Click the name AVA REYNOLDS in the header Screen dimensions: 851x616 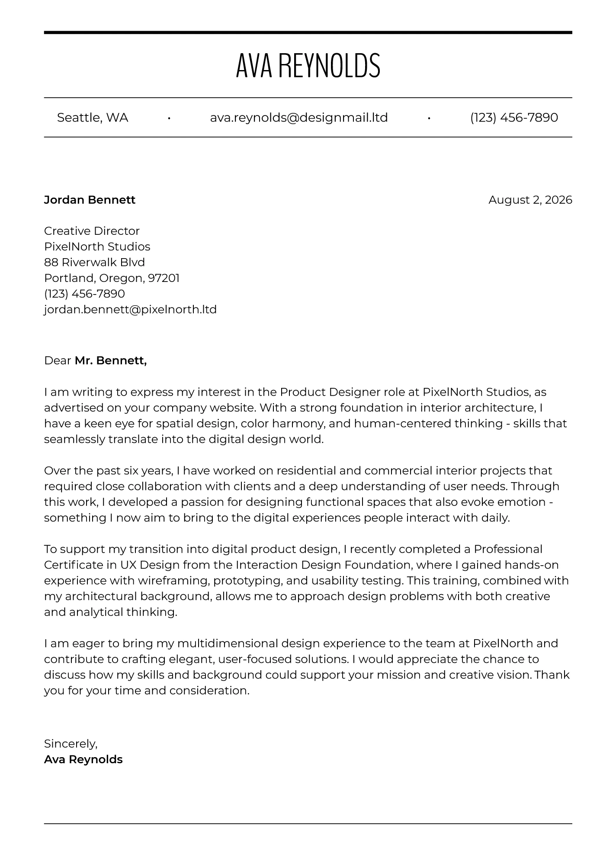[x=308, y=66]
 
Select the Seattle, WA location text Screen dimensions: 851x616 [x=93, y=118]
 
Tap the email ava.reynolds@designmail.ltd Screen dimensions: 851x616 [x=298, y=118]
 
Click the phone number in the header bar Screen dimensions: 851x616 [x=514, y=118]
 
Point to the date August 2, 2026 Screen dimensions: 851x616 [x=530, y=200]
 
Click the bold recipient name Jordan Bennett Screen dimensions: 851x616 [x=90, y=200]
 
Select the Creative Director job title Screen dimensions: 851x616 [x=92, y=231]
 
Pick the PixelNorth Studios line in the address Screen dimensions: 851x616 [x=97, y=246]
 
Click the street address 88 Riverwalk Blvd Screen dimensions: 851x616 [x=94, y=262]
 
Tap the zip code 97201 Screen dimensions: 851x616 [x=164, y=278]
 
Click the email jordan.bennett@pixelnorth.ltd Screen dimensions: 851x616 [x=130, y=310]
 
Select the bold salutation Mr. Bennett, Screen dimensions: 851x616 [x=111, y=361]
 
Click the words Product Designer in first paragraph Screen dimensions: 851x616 [x=330, y=392]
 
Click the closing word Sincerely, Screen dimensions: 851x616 [x=71, y=744]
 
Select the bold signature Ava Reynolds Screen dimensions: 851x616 [x=83, y=759]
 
